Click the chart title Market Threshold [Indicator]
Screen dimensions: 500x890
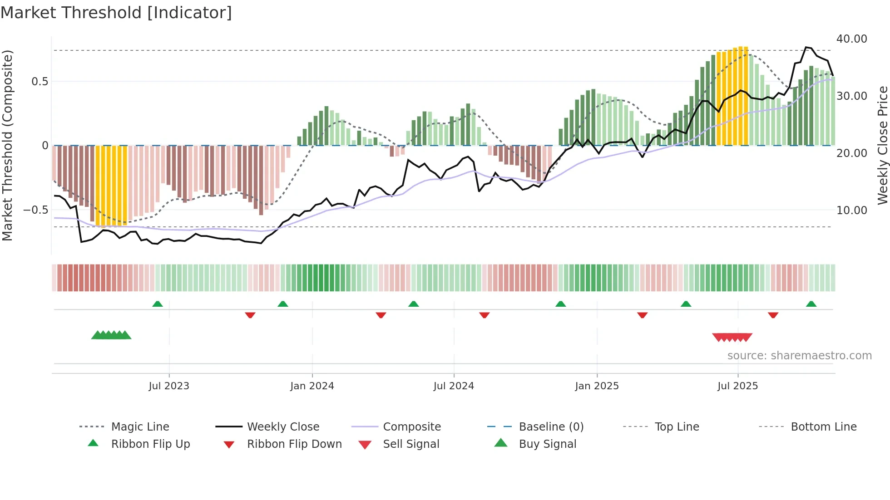point(116,13)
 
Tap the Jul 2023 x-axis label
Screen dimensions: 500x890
point(168,386)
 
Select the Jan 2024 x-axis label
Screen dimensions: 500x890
point(312,386)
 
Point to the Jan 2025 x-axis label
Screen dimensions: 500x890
point(597,386)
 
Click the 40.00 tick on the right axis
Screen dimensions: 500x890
point(851,39)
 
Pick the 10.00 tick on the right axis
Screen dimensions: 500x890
point(851,211)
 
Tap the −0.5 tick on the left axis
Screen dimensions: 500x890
point(36,210)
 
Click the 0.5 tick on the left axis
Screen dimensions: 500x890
point(40,82)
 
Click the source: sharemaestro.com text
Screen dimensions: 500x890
point(799,355)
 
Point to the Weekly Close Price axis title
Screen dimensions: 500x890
point(882,145)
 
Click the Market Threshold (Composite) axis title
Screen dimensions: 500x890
point(7,145)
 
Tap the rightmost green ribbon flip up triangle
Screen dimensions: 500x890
point(811,304)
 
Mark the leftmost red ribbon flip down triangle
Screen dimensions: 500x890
point(250,315)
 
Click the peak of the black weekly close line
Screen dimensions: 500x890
point(806,47)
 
